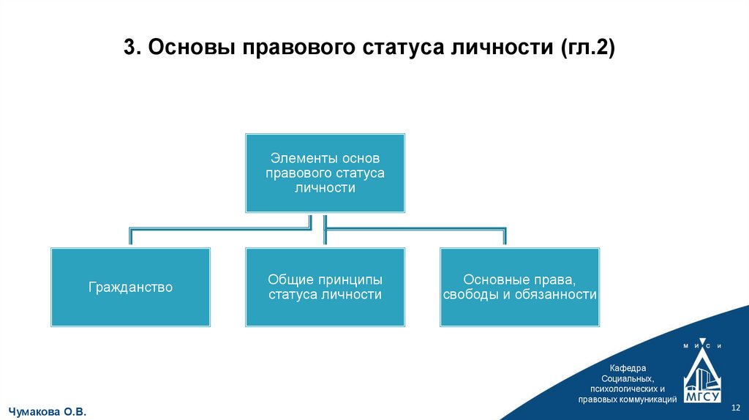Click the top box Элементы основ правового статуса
pos(325,173)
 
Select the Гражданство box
pos(130,287)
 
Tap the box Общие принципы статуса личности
pos(325,287)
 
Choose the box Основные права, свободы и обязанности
pos(519,287)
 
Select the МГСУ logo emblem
pos(702,377)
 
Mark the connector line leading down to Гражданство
pos(130,238)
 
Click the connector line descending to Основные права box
pos(505,238)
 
